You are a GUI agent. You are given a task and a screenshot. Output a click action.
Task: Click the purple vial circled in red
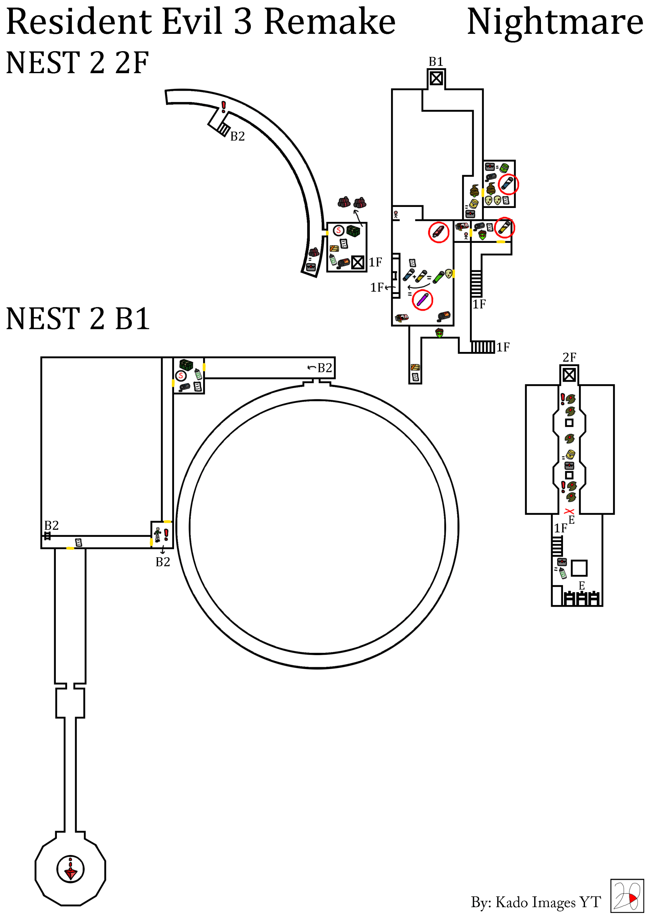422,299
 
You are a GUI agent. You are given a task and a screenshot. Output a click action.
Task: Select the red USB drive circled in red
438,232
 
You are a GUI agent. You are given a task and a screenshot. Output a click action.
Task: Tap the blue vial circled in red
508,184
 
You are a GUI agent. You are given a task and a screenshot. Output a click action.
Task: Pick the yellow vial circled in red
504,228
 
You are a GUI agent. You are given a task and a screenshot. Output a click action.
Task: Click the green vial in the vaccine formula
438,276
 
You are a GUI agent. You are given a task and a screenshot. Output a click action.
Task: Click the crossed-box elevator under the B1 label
436,78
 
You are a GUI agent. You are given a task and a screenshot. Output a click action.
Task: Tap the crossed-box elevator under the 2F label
569,375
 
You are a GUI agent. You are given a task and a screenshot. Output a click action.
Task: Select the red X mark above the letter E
569,511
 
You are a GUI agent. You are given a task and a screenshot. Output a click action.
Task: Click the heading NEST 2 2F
77,63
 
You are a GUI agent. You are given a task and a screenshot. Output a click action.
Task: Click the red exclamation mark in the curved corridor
223,107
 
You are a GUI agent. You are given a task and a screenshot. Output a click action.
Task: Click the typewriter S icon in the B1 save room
181,375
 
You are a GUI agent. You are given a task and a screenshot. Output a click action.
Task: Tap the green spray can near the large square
563,573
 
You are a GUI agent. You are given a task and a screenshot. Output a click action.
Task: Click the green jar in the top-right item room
504,167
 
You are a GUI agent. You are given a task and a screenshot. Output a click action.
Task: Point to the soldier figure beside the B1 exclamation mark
158,535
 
